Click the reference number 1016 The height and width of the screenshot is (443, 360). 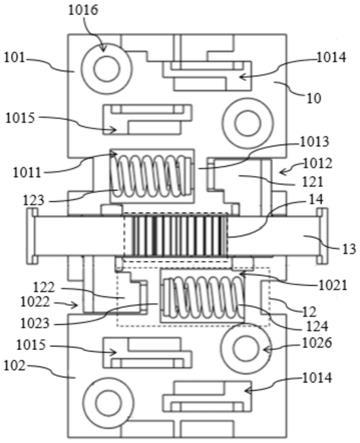click(83, 10)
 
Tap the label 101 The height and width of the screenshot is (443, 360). click(14, 58)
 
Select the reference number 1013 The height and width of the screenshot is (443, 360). click(314, 142)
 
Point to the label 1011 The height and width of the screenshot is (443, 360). click(27, 173)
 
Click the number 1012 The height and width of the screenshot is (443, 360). click(318, 164)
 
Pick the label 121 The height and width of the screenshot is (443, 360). click(313, 182)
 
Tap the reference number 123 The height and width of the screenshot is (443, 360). click(34, 200)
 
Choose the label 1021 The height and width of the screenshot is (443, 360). click(333, 285)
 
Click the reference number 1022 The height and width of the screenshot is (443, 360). click(35, 302)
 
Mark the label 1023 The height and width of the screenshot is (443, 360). click(35, 323)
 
